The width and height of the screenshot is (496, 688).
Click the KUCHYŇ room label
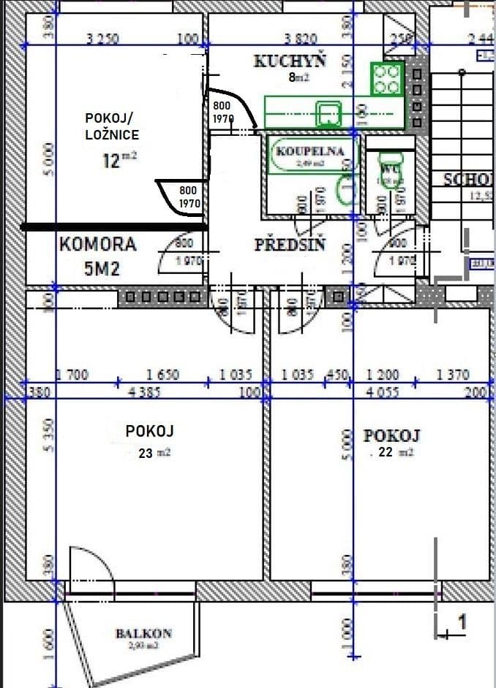point(290,61)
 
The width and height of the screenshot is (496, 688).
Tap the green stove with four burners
point(386,79)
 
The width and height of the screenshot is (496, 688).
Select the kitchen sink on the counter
point(328,114)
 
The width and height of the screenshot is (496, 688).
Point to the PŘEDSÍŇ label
point(290,244)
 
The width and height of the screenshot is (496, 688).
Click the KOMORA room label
point(98,244)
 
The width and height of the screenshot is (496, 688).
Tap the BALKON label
point(143,633)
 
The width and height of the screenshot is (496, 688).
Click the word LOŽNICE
point(110,134)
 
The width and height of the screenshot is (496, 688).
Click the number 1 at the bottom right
point(462,622)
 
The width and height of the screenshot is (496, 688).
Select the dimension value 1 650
point(163,375)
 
